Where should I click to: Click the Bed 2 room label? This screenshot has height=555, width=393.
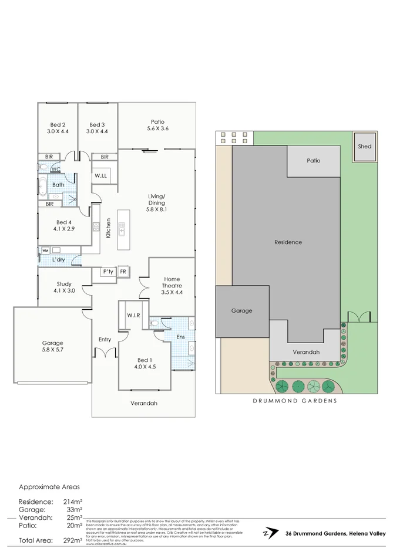coord(58,124)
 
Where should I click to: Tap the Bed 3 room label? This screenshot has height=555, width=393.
coord(97,124)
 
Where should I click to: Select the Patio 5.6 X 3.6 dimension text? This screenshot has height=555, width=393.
coord(157,128)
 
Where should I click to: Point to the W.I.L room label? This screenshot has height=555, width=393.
coord(100,176)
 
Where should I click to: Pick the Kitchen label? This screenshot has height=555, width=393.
coord(108,228)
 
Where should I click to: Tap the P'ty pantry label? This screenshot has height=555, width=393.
coord(108,272)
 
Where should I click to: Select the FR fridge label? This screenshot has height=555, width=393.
coord(123,272)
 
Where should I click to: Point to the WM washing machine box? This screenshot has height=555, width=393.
coord(45,251)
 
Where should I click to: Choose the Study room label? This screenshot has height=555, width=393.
coord(64,284)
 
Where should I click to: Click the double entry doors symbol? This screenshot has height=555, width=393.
coord(105,354)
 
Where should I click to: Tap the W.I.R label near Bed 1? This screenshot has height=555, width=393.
coord(133,315)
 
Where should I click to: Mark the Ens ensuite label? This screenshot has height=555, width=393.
coord(181,337)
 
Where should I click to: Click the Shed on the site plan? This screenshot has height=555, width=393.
coord(365,146)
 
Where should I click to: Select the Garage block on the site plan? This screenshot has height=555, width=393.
coord(241,311)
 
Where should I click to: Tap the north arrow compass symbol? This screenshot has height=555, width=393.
coord(269,533)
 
